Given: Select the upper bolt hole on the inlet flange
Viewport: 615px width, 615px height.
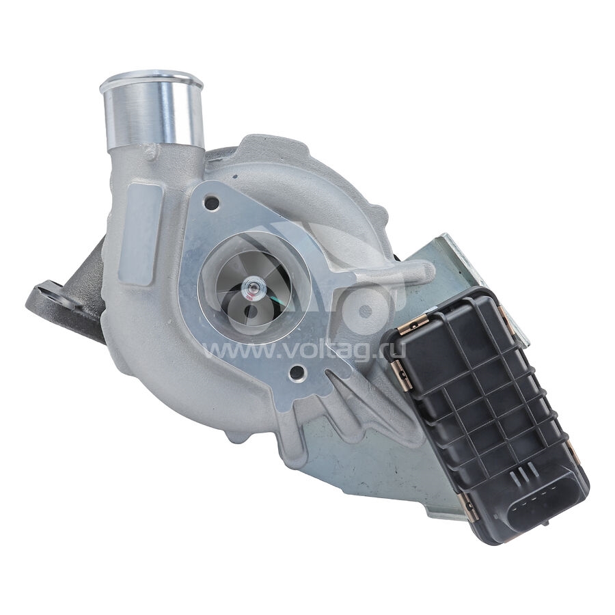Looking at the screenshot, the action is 213,203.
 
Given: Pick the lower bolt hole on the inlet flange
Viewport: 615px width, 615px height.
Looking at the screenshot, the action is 297,372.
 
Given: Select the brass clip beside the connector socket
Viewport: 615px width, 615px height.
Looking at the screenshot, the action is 469,506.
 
